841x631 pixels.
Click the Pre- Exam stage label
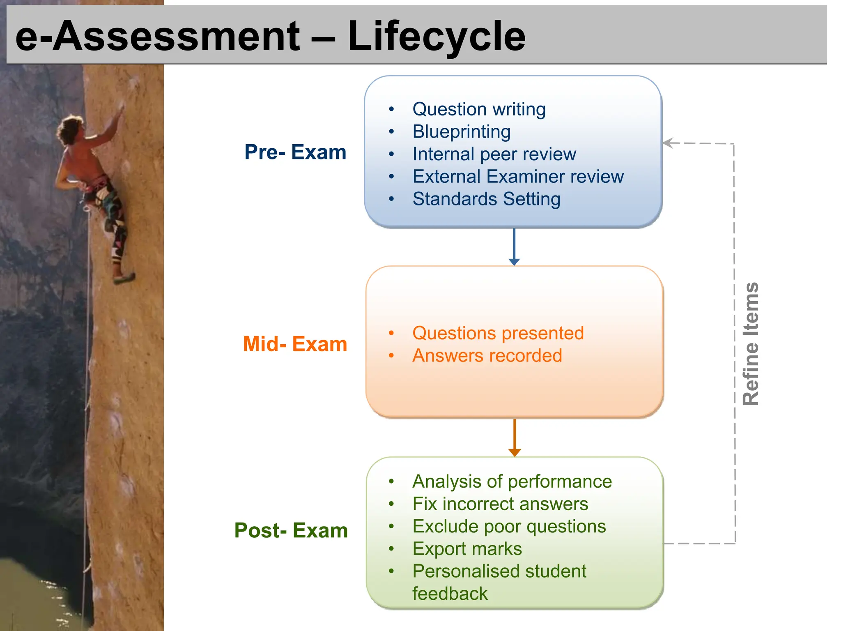click(x=295, y=152)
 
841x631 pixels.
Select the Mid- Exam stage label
click(x=295, y=344)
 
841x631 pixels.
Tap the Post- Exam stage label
click(x=291, y=530)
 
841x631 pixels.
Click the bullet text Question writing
click(x=479, y=109)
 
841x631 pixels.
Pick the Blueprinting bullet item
click(x=461, y=132)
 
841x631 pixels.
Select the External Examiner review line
click(x=518, y=177)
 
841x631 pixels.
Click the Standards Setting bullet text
click(x=486, y=199)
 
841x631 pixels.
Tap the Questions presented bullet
click(x=498, y=333)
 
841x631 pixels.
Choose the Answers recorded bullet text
click(x=487, y=356)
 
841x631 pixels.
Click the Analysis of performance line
click(x=512, y=481)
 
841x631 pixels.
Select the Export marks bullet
click(x=467, y=549)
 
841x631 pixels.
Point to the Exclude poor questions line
click(x=509, y=527)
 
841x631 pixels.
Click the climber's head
click(x=71, y=128)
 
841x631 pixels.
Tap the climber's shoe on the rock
click(x=124, y=279)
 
